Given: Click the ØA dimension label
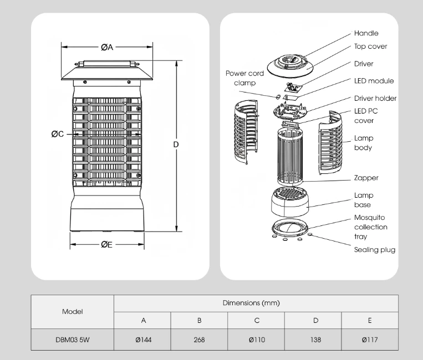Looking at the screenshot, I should (x=107, y=48).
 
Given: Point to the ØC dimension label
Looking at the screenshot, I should (x=58, y=134).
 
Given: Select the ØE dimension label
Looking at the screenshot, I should (x=106, y=244).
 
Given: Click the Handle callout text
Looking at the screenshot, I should (x=366, y=34).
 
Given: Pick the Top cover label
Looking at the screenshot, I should (x=370, y=47).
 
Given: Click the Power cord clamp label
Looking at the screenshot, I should (x=244, y=78).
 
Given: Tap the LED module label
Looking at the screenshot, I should (x=374, y=81).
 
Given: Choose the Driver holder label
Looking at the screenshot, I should (x=375, y=98).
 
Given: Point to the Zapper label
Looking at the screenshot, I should (x=366, y=178).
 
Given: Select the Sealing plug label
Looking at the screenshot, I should (x=375, y=250).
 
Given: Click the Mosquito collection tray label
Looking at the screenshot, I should (x=371, y=227).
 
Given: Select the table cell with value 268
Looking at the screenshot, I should (x=200, y=340).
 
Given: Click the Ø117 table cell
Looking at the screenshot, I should (x=370, y=340).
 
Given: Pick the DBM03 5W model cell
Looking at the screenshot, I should (x=72, y=340).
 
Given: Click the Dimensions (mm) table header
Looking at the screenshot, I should (x=256, y=303).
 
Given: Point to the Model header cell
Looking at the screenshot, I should (x=72, y=312).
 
